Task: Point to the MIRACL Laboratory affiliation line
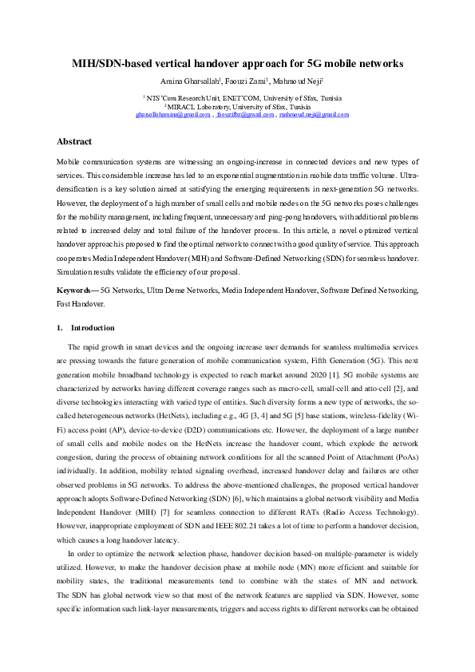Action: pyautogui.click(x=237, y=105)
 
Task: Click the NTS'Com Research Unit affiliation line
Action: pyautogui.click(x=237, y=97)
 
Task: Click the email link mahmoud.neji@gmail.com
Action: pyautogui.click(x=314, y=114)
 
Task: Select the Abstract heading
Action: pyautogui.click(x=73, y=141)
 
